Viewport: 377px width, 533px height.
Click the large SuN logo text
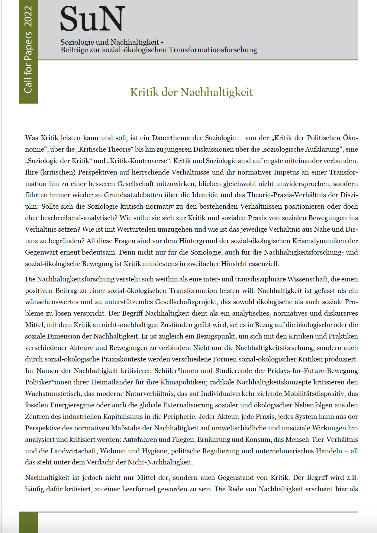92,19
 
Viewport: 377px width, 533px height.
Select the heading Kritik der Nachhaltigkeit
192,92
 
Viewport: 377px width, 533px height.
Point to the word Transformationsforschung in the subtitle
213,50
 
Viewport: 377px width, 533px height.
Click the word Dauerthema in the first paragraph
171,138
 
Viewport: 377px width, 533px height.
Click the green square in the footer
28,522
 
